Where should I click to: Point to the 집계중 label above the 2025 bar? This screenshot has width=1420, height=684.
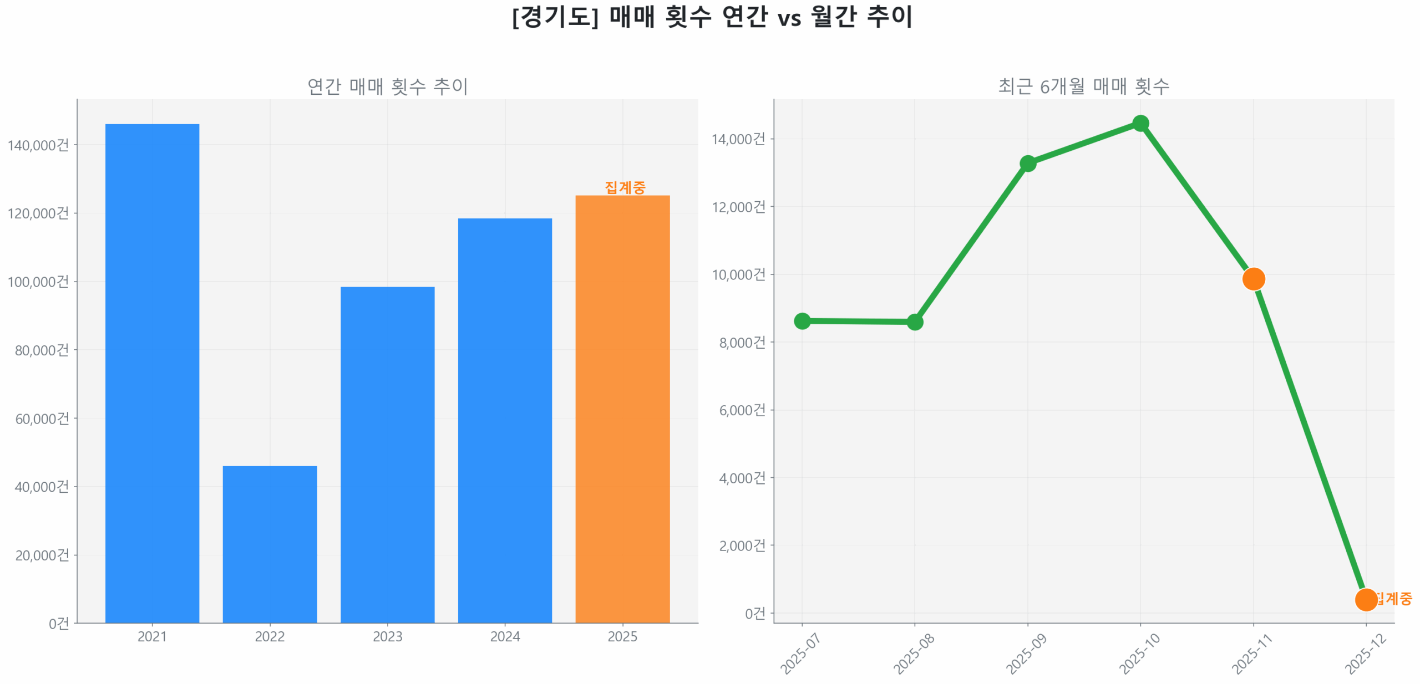click(625, 187)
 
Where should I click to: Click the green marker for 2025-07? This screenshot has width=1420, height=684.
click(802, 320)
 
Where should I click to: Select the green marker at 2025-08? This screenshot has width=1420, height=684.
click(915, 321)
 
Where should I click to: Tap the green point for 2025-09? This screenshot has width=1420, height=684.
click(1028, 163)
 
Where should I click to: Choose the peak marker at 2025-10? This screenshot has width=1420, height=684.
click(1140, 123)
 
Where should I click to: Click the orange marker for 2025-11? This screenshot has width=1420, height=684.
click(1253, 278)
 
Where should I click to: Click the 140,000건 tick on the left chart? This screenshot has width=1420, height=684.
click(38, 145)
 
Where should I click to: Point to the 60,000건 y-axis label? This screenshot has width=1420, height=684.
click(42, 418)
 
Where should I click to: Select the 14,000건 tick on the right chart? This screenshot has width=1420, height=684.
click(738, 139)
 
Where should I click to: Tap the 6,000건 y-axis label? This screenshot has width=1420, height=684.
click(742, 410)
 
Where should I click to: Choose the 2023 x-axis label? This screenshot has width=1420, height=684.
click(387, 636)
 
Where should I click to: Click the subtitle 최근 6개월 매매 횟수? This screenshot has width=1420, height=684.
click(1083, 86)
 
